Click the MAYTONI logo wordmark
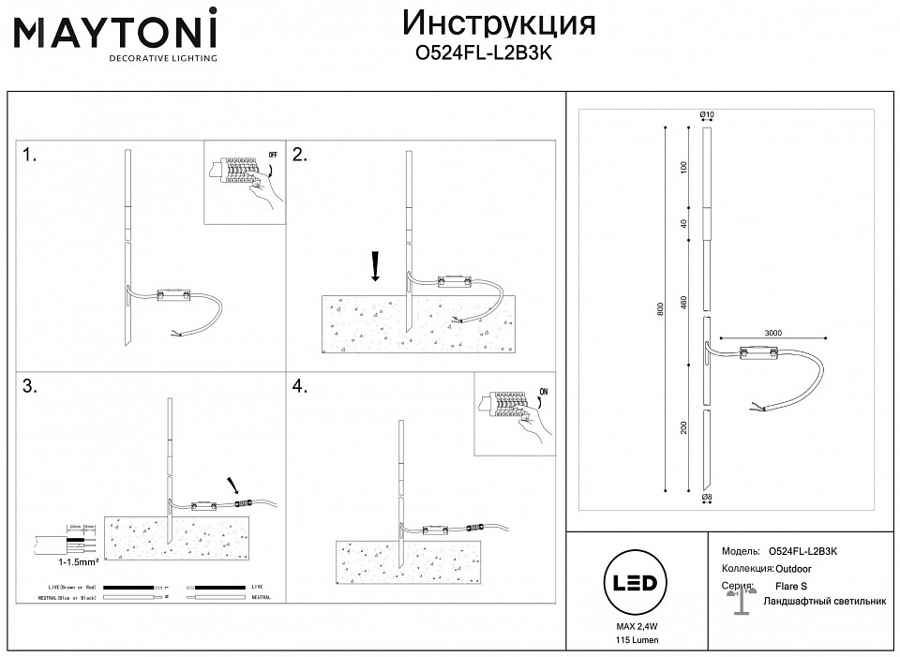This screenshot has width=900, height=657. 114,30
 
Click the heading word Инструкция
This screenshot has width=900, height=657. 498,22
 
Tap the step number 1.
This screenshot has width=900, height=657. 30,156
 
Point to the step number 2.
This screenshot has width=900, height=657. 301,156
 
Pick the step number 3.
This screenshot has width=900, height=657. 30,386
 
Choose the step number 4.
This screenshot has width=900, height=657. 301,386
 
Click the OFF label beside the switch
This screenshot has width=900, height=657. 273,154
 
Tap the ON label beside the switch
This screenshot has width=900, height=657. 543,392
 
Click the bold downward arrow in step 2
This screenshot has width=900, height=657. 375,266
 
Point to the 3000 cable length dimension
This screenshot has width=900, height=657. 772,331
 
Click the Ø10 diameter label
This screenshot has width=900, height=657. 708,115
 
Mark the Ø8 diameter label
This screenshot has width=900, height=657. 708,499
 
